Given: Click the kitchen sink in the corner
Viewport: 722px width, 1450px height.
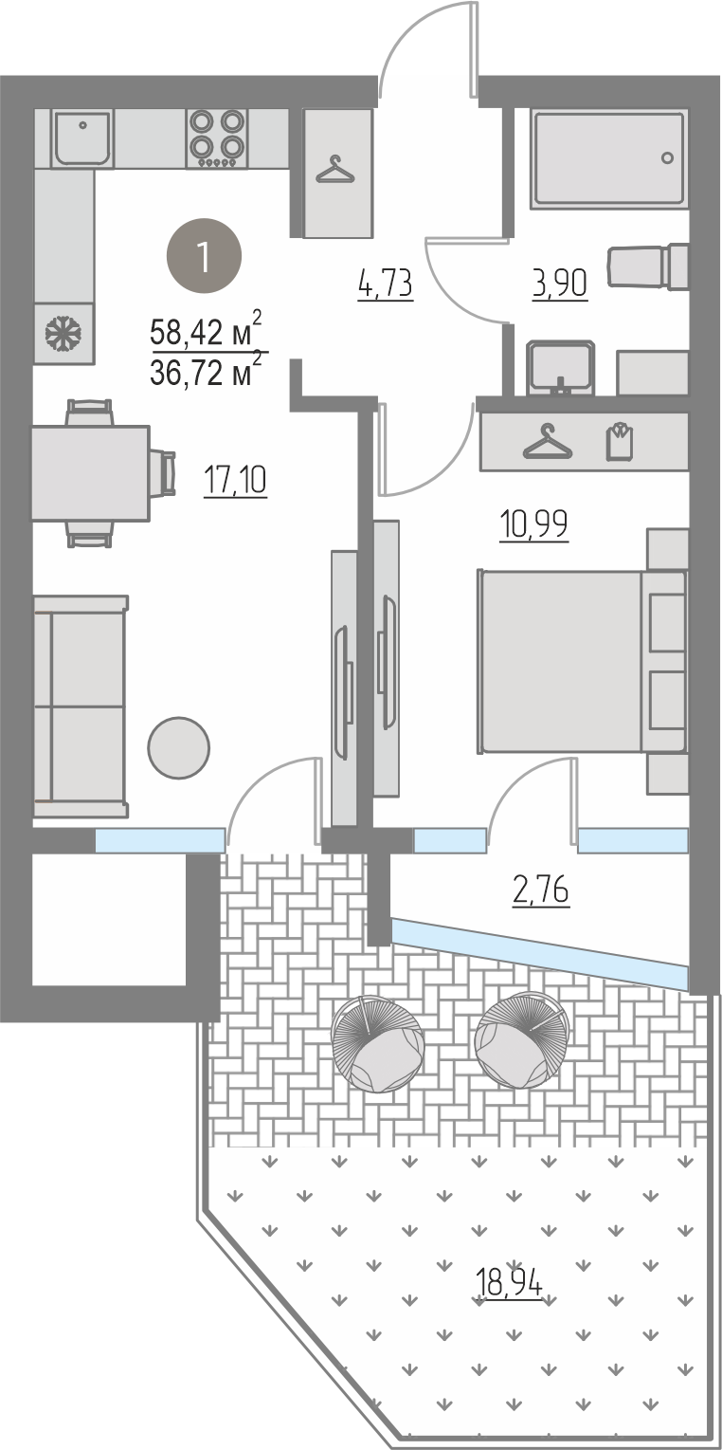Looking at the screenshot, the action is (x=82, y=138).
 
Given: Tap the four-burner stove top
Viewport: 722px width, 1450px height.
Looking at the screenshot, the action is (x=217, y=138).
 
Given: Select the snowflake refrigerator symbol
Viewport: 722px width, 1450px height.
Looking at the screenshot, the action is (x=63, y=333).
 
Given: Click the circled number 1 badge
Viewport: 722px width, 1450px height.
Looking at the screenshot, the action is (x=205, y=256).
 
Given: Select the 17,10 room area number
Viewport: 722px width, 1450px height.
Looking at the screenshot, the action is (x=236, y=481).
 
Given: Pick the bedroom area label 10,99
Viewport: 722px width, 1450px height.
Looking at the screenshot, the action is (x=533, y=524).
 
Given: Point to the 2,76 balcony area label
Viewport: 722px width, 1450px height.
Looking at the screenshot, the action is (x=541, y=890).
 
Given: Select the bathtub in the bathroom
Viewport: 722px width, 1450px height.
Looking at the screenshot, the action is (x=608, y=158).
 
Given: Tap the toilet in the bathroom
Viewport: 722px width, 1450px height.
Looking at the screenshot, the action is (x=647, y=266).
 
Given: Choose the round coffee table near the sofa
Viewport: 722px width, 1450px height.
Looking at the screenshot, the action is (x=178, y=747).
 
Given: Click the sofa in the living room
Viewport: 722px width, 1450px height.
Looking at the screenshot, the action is (x=81, y=707).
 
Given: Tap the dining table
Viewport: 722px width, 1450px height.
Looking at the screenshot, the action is (x=91, y=473).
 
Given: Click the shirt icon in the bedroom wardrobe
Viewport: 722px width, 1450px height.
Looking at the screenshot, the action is (x=620, y=442).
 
